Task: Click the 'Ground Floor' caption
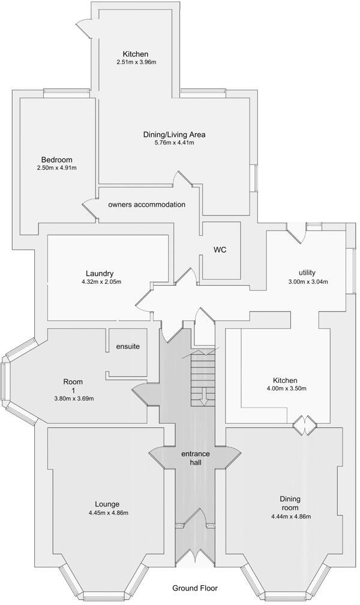click(x=195, y=588)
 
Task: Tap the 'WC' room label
click(x=220, y=250)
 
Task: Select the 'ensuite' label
click(x=128, y=346)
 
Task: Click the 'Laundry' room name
click(x=100, y=273)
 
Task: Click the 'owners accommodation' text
click(x=146, y=205)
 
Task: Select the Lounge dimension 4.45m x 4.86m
click(x=108, y=513)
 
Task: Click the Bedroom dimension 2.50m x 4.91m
click(x=56, y=167)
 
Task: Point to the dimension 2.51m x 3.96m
click(x=136, y=62)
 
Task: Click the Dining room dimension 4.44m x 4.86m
click(x=290, y=516)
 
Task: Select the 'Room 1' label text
click(x=73, y=385)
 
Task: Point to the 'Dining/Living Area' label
click(x=174, y=134)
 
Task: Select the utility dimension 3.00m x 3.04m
click(x=308, y=281)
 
